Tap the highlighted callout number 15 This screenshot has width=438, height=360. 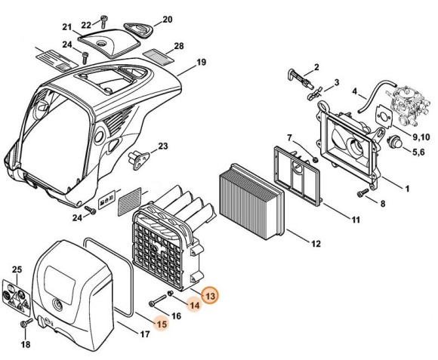(x=161, y=324)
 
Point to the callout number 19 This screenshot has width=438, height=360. (x=201, y=62)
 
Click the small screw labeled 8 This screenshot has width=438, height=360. (x=360, y=193)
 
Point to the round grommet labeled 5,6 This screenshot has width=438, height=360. (x=393, y=142)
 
